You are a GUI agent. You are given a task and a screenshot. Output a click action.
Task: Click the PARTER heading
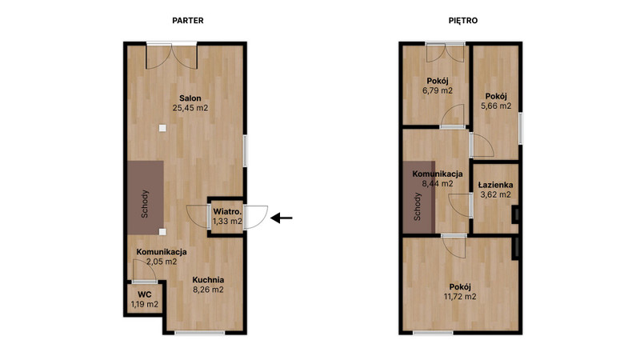[188, 21]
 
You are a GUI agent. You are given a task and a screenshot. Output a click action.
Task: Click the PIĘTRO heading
[463, 21]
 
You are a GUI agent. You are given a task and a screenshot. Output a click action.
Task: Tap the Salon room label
[190, 98]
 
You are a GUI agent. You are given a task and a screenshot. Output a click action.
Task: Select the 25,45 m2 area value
[190, 108]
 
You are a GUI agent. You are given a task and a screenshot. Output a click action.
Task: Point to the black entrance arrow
[282, 218]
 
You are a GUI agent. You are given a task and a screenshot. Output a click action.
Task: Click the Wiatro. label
[227, 212]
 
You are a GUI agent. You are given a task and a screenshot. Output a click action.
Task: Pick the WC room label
[145, 294]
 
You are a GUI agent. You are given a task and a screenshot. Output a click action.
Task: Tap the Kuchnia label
[208, 280]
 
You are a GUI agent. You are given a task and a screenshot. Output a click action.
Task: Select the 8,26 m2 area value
[208, 290]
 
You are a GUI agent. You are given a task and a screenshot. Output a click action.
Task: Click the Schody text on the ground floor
[145, 204]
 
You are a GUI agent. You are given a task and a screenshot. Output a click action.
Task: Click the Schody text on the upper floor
[417, 206]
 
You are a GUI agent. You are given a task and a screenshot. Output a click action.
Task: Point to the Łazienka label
[495, 185]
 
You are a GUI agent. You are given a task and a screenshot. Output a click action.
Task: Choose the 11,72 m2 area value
[460, 297]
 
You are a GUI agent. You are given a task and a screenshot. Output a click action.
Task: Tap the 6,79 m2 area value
[438, 90]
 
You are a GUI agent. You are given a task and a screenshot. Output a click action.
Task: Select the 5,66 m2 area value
[496, 106]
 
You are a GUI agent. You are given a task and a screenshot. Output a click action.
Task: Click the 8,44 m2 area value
[438, 184]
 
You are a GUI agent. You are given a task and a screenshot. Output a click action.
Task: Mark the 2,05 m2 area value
[162, 262]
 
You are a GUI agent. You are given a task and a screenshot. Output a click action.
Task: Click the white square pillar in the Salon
[162, 128]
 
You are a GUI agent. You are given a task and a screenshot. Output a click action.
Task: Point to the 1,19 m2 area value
[145, 304]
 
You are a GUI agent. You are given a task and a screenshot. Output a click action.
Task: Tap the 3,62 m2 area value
[495, 194]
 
